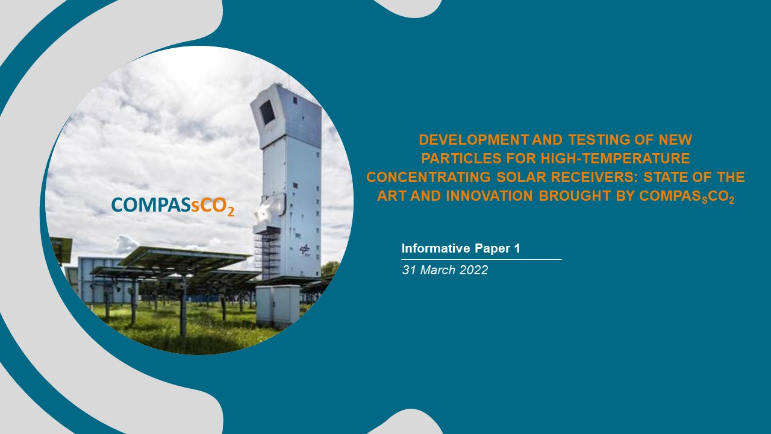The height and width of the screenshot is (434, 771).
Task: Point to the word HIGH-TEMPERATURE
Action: [616, 159]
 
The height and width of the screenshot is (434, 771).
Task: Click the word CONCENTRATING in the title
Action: [428, 177]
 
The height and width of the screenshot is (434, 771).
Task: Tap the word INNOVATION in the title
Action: [490, 196]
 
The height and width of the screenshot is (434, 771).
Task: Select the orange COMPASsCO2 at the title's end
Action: [687, 197]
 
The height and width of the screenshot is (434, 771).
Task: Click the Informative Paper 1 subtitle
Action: [461, 248]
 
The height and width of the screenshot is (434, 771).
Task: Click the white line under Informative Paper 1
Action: [481, 259]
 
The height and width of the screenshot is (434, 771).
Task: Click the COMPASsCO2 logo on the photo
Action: [173, 206]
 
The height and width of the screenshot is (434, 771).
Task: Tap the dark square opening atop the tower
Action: [267, 112]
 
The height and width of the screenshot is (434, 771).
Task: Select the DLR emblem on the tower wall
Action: [304, 250]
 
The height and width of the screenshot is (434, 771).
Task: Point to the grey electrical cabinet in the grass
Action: [278, 306]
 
